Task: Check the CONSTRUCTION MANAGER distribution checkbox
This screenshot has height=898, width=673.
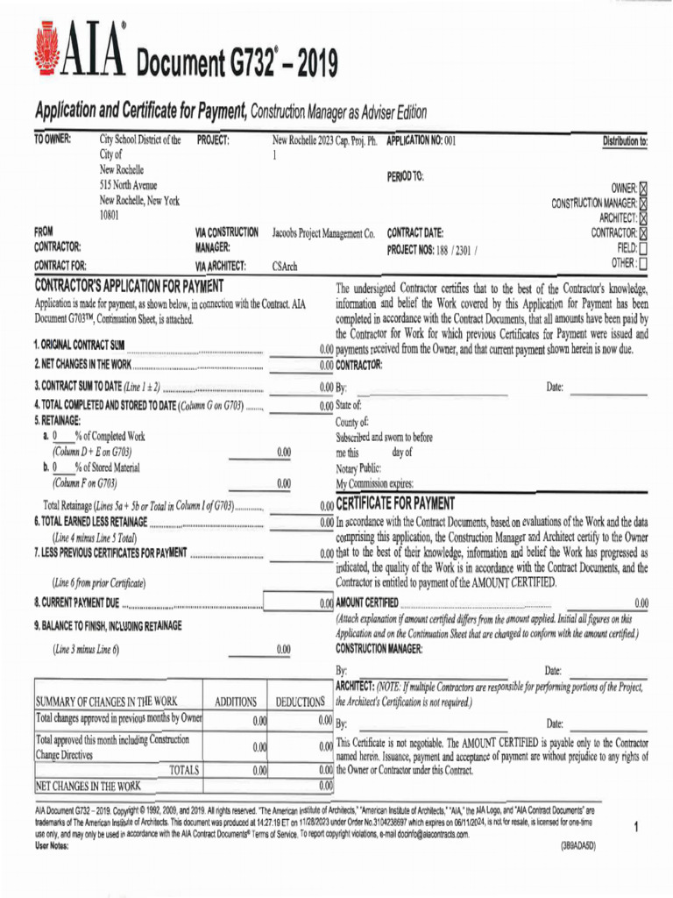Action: tap(644, 203)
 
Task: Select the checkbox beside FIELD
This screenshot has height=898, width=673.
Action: tap(644, 248)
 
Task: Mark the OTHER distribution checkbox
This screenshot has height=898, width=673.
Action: tap(644, 263)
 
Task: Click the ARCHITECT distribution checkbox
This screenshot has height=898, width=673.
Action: tap(644, 218)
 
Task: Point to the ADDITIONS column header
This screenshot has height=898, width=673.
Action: tap(236, 702)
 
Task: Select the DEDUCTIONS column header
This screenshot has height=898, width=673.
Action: tap(301, 702)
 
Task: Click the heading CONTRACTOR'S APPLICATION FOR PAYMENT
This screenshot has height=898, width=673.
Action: tap(130, 286)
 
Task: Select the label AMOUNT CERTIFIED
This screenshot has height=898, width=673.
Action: tap(368, 602)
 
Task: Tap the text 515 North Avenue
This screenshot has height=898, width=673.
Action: tap(135, 185)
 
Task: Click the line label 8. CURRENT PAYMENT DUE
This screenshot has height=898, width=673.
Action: tap(78, 603)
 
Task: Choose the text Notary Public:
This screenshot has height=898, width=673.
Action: tap(358, 468)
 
